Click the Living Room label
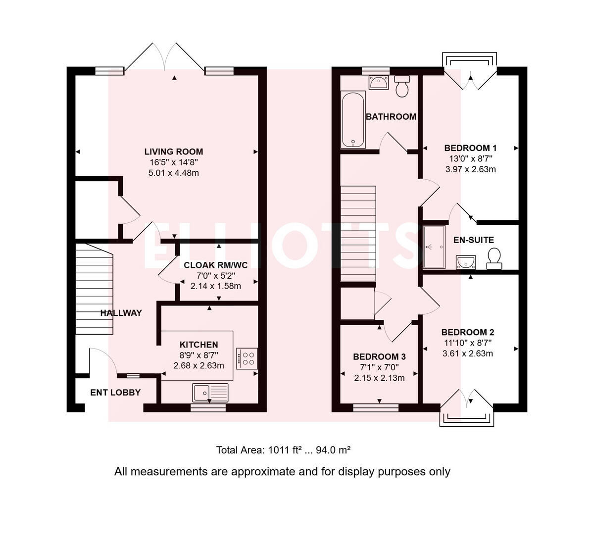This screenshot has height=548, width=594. (x=173, y=151)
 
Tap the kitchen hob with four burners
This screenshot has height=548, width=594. (x=247, y=358)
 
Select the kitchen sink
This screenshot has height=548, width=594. (x=210, y=392)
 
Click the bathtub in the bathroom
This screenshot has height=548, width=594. (x=353, y=120)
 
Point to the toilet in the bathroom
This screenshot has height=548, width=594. (x=401, y=86)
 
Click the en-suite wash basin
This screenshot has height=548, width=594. (x=466, y=261)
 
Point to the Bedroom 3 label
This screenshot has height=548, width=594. (x=379, y=356)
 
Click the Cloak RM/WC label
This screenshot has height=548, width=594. (x=215, y=265)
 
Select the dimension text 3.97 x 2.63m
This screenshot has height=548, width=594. (x=470, y=169)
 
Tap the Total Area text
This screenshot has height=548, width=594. (x=283, y=450)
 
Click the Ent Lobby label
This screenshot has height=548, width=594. (x=115, y=392)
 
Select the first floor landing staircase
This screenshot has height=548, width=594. (x=358, y=233)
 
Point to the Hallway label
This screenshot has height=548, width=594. (x=121, y=313)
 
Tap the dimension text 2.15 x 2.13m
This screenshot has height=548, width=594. (x=379, y=378)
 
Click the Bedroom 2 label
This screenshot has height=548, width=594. (x=467, y=332)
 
